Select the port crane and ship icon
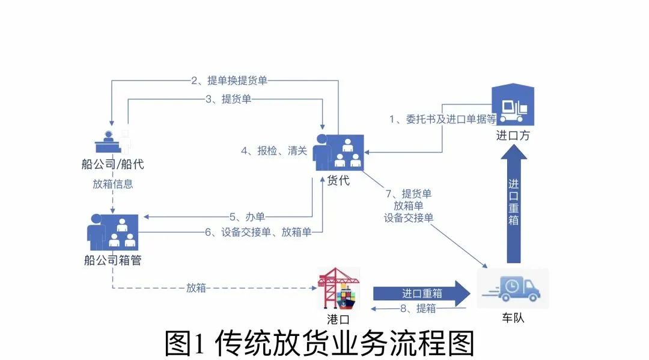tap(338, 289)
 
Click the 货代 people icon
tap(338, 153)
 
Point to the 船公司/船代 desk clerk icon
tap(112, 142)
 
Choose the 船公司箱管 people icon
tap(112, 232)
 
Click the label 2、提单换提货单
tap(229, 81)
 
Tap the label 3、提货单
tap(228, 99)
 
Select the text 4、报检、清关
tap(274, 151)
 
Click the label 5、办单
tap(247, 216)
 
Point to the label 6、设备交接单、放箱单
tap(258, 232)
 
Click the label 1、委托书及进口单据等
tap(442, 119)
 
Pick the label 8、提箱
tap(418, 308)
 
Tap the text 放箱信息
tap(112, 184)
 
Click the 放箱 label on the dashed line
tap(196, 288)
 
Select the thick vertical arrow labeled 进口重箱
tap(514, 204)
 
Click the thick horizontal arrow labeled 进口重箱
tap(422, 293)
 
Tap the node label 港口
tap(338, 319)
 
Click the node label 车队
tap(513, 318)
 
